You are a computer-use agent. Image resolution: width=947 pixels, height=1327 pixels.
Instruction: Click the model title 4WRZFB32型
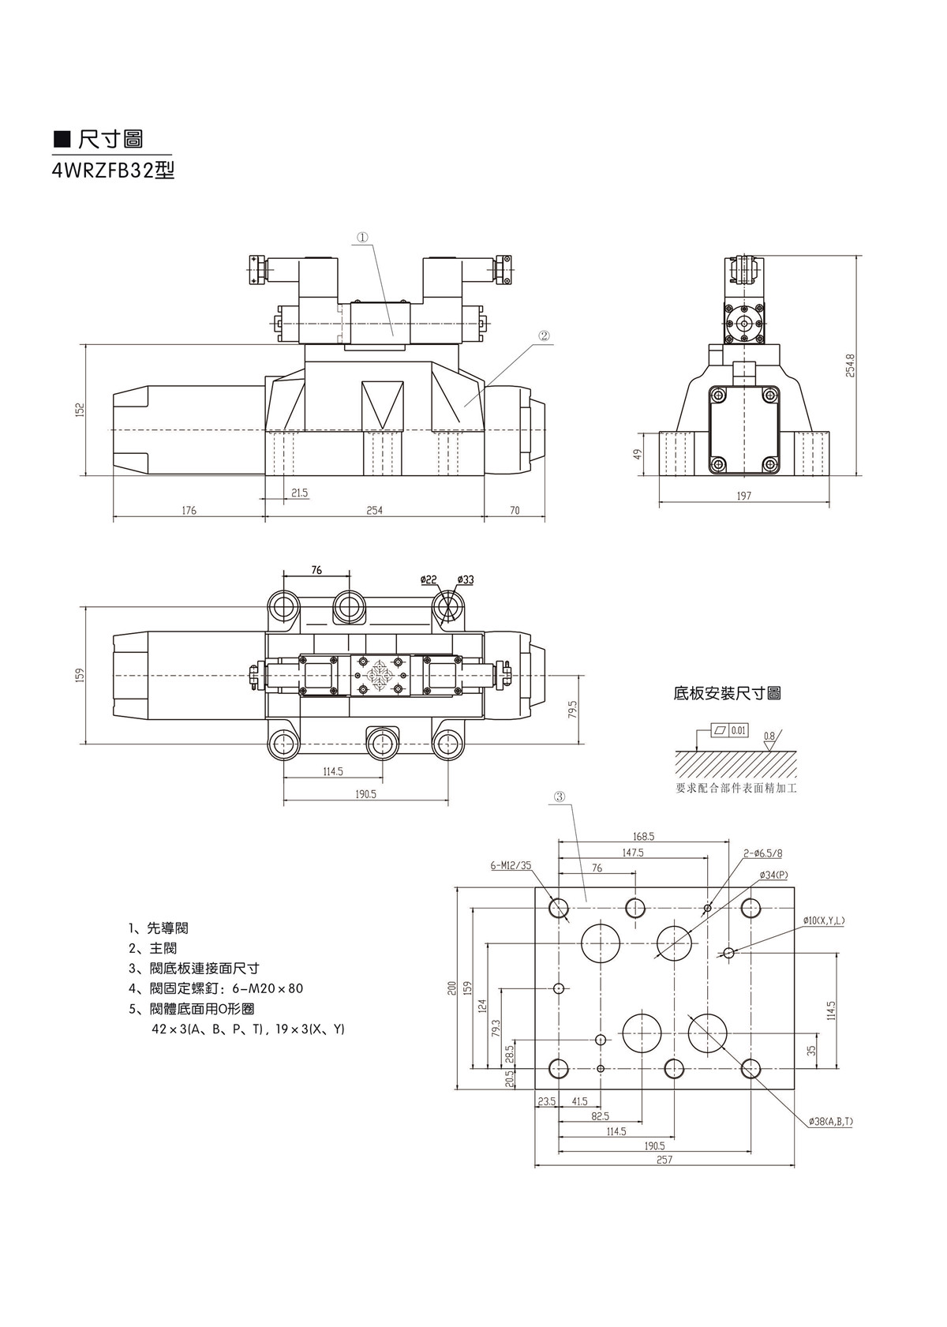(113, 171)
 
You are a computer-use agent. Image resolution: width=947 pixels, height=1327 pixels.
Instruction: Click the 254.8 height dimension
(851, 365)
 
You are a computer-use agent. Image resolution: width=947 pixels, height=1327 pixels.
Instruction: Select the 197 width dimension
(743, 496)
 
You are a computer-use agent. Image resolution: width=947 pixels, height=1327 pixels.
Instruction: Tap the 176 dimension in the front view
(189, 511)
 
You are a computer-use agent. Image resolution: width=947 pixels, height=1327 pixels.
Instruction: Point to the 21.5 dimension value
(299, 493)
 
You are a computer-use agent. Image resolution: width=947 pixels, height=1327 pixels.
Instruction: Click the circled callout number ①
(362, 236)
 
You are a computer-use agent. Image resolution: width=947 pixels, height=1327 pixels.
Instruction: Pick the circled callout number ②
(544, 335)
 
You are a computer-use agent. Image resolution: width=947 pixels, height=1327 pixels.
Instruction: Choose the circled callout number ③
(560, 797)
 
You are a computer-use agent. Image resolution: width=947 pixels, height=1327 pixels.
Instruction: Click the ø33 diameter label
(466, 580)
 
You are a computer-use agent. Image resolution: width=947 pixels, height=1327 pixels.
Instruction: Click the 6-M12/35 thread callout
(511, 865)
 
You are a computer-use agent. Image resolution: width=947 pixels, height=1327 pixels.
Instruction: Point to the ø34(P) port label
(773, 875)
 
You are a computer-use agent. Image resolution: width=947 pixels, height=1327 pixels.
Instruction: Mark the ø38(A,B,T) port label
(830, 1121)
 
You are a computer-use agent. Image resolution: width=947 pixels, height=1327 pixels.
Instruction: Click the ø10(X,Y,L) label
(824, 921)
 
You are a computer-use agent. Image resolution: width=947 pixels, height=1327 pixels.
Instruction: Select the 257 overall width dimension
(664, 1160)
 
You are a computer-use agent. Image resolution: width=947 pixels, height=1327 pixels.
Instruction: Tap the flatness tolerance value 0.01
(739, 730)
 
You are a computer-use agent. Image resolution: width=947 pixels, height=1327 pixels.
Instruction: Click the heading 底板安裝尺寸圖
(727, 694)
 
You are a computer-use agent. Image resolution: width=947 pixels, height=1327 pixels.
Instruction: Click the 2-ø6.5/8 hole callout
(762, 853)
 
